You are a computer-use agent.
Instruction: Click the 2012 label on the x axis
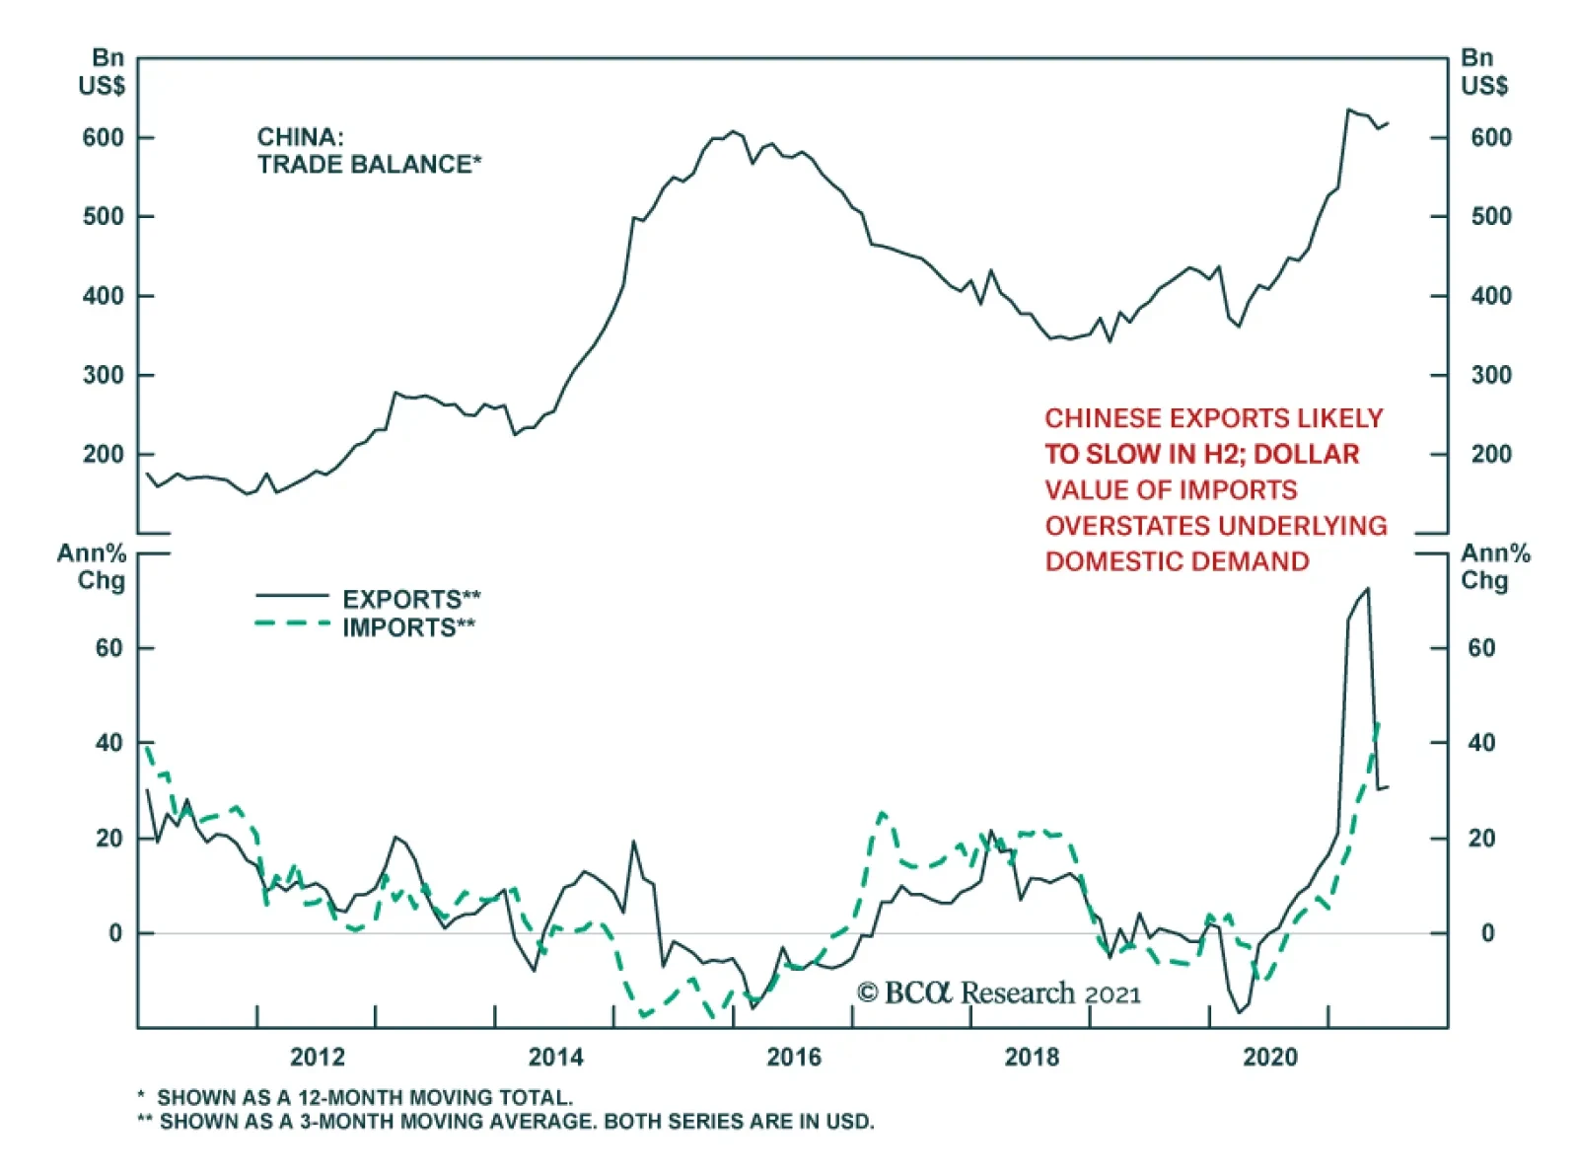coord(317,1057)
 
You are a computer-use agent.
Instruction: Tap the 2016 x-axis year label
coord(793,1057)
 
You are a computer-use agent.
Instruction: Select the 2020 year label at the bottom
coord(1269,1057)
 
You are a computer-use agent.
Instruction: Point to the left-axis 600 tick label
coord(103,138)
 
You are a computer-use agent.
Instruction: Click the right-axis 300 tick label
coord(1490,375)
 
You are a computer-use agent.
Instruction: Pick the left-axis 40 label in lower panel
coord(108,742)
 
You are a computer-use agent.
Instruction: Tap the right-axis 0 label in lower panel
coord(1486,932)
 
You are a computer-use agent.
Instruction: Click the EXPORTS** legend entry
coord(411,599)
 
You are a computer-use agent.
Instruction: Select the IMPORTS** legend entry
coord(408,627)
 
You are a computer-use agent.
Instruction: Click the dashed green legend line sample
coord(292,624)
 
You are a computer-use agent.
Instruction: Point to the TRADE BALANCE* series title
coord(369,164)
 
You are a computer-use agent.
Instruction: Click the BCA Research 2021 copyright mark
coord(998,992)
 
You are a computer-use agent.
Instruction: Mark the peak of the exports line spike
coord(1367,589)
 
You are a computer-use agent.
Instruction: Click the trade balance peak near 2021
coord(1348,110)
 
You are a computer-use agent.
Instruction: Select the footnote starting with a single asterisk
coord(355,1097)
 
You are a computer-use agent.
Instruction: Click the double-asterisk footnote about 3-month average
coord(505,1122)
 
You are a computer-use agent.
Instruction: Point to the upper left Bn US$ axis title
coord(103,72)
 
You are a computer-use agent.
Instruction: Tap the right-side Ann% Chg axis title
coord(1494,566)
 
